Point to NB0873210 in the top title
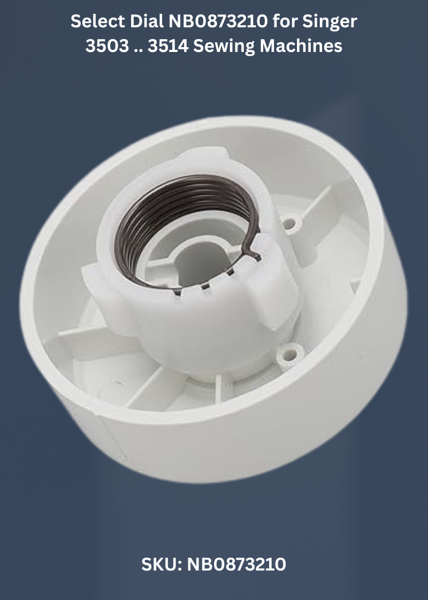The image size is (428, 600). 218,21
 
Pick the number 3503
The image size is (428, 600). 108,46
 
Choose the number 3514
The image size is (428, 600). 168,46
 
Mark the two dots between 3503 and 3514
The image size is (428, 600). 139,51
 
